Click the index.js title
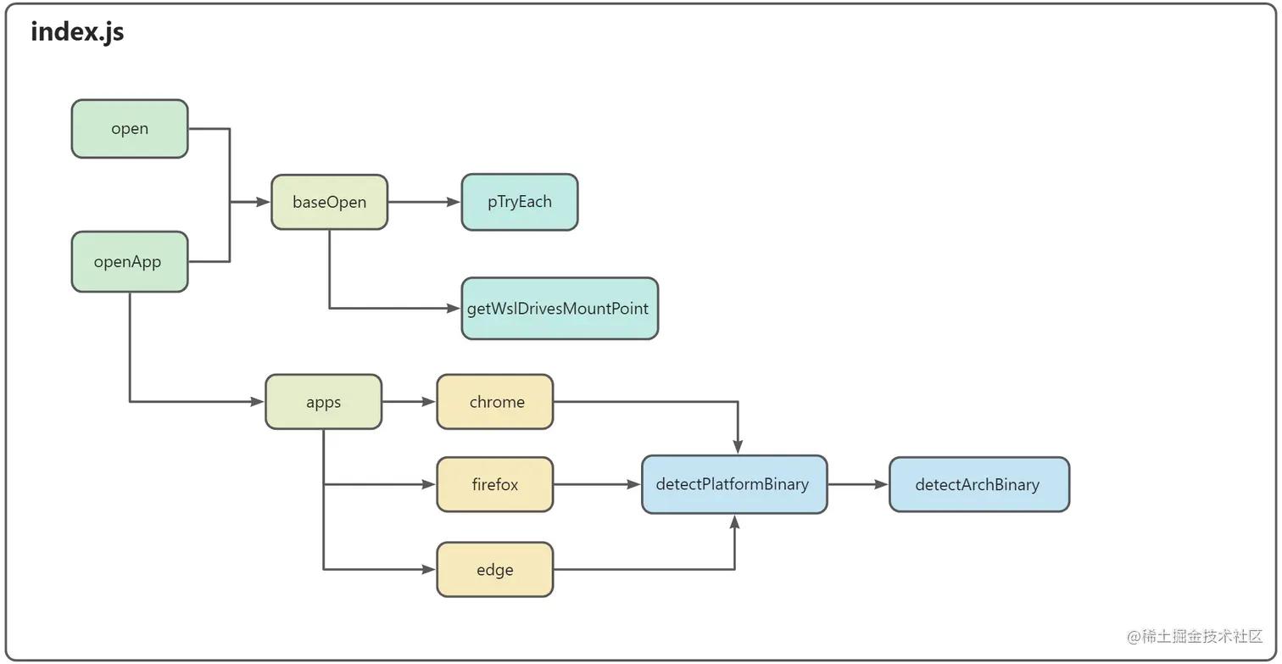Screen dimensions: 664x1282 pos(77,32)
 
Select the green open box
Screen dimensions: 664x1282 pos(130,129)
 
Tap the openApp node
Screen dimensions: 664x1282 pos(130,262)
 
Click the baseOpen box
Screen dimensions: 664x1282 pos(329,202)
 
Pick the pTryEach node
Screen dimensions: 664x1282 pos(519,202)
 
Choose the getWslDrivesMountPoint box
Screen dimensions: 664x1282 pos(560,309)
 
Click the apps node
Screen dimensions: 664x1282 pos(323,402)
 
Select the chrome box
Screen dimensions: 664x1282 pos(495,402)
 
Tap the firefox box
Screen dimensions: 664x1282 pos(495,485)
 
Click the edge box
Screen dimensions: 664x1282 pos(495,570)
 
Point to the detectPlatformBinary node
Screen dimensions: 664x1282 pos(733,485)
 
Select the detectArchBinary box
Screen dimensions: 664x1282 pos(978,485)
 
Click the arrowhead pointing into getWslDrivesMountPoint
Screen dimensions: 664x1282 pos(454,309)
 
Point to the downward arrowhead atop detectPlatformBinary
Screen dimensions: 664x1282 pos(739,447)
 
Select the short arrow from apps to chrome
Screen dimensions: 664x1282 pos(409,402)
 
